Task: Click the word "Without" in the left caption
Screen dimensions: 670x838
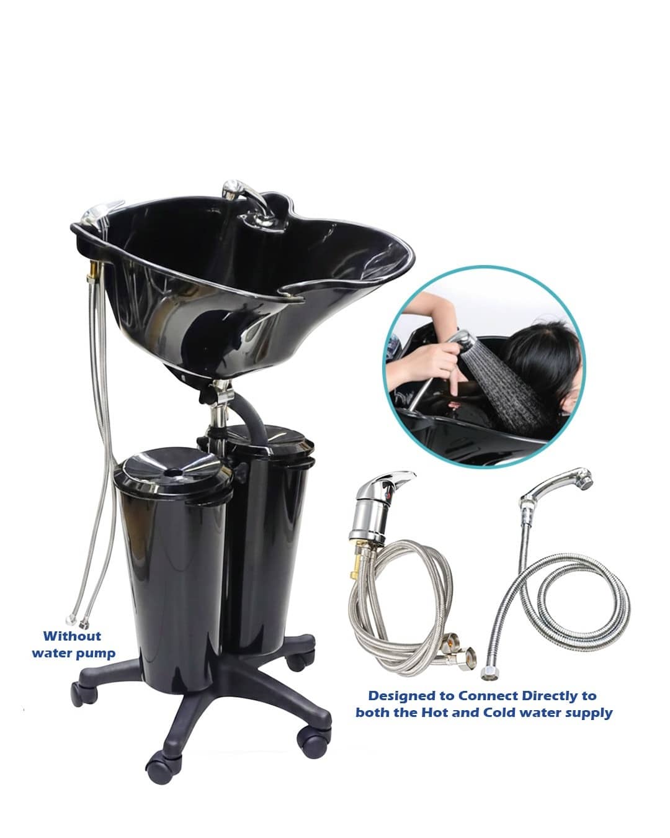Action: coord(72,636)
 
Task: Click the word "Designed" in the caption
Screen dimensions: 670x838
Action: coord(411,696)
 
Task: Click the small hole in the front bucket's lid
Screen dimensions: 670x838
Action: coord(174,472)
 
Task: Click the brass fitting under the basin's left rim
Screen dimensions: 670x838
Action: coord(93,270)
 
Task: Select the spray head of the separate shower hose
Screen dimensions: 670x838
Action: coord(560,484)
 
